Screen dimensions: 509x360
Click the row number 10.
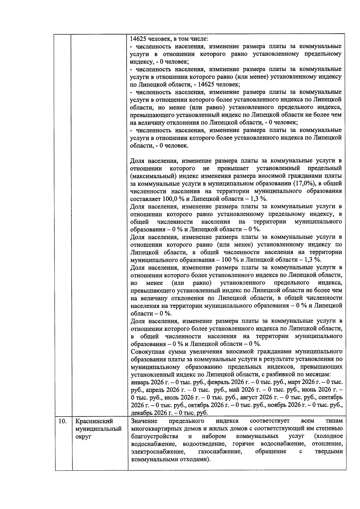62,421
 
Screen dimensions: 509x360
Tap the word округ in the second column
83,436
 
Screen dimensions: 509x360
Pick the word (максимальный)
151,176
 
